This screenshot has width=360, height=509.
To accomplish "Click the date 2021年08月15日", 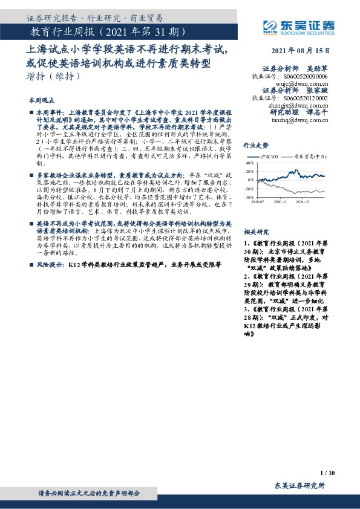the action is (299, 51).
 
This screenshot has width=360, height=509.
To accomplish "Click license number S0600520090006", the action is (306, 77).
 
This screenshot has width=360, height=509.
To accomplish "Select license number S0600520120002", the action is (306, 98).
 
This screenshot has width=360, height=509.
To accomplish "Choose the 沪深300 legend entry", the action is (269, 157).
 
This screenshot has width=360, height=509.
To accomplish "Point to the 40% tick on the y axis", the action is (249, 163).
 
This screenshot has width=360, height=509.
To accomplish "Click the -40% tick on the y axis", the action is (249, 197).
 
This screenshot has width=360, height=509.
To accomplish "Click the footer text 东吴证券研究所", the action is (299, 486).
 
